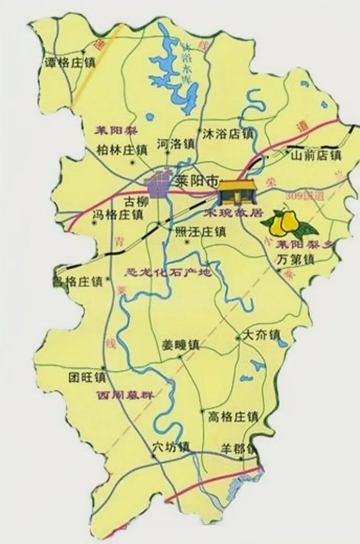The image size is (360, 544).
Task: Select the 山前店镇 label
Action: point(316,155)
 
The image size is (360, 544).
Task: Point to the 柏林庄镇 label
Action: point(122,150)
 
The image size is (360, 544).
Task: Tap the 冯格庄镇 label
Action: point(118,214)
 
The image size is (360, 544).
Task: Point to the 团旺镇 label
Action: point(87,377)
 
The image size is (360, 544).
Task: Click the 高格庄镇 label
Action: point(233,417)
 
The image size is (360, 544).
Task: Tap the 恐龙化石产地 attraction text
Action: point(168,273)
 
